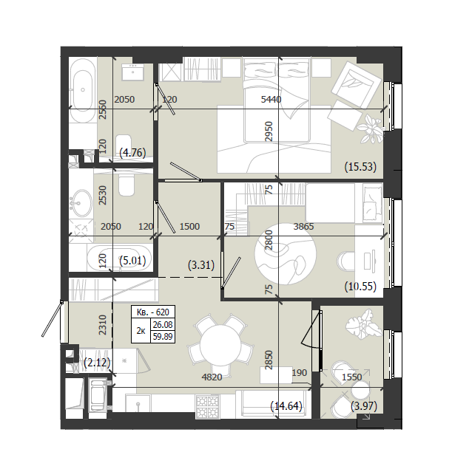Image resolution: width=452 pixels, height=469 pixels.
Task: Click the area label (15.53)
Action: (x=360, y=167)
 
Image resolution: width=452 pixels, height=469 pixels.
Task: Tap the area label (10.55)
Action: (x=360, y=287)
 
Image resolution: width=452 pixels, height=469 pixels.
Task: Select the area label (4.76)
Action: (x=132, y=153)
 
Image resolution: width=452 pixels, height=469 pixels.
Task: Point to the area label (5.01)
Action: (x=132, y=261)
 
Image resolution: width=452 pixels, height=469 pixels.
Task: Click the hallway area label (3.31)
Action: (x=201, y=265)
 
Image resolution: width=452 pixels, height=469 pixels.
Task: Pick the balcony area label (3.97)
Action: (x=364, y=406)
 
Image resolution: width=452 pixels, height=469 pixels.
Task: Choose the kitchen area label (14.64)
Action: (x=286, y=406)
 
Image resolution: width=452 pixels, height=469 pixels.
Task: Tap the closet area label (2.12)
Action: (x=97, y=363)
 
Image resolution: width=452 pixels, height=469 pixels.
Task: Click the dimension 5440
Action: (x=271, y=99)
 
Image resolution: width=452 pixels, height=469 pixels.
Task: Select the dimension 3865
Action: (x=303, y=227)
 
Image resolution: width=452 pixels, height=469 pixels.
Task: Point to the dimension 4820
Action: (x=212, y=377)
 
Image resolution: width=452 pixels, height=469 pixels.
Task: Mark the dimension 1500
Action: (x=189, y=227)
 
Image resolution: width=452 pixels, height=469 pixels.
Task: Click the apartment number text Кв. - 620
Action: (x=153, y=312)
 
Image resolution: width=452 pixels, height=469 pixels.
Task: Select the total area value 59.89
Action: (x=163, y=337)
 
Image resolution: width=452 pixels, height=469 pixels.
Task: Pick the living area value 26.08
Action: (x=163, y=324)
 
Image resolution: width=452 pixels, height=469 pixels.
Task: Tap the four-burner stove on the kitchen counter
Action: (x=207, y=406)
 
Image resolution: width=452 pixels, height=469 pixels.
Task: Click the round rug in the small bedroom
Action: (x=285, y=254)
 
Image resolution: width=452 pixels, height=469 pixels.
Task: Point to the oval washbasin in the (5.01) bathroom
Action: (x=82, y=203)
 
